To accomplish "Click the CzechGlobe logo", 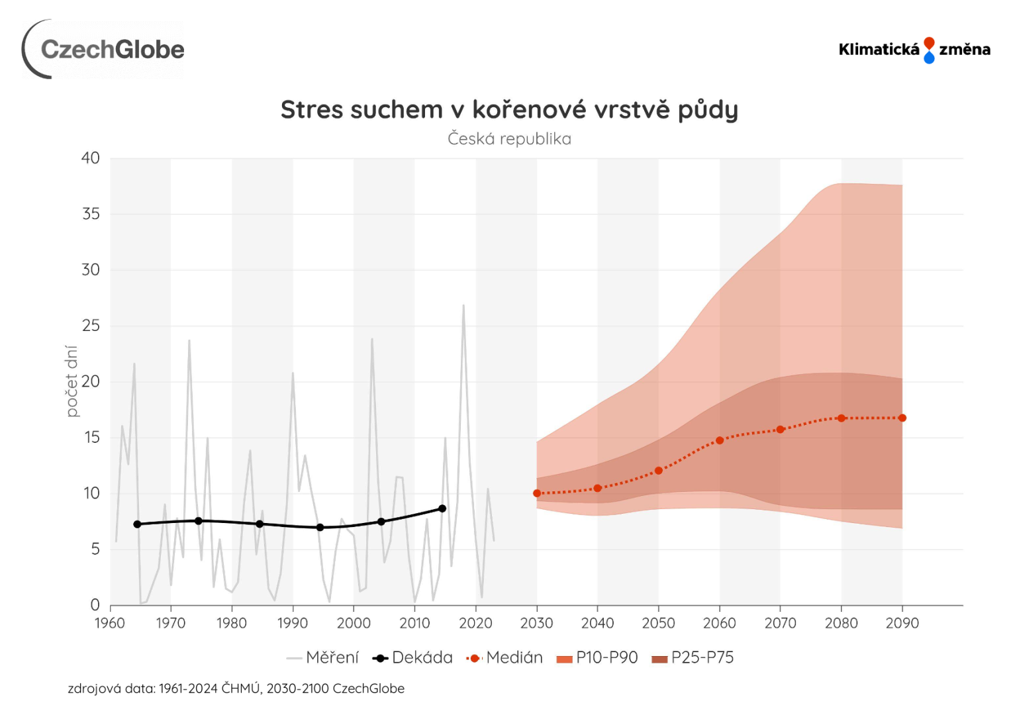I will (104, 50).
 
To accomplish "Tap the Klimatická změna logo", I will (914, 50).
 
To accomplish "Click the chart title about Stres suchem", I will (509, 110).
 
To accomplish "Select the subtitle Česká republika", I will (509, 139).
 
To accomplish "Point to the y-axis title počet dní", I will (72, 381).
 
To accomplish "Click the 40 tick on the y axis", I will (91, 158).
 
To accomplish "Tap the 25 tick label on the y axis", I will (91, 326).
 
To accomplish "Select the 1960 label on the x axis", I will (110, 623).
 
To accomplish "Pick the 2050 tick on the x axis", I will (658, 623).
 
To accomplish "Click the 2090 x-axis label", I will (902, 623).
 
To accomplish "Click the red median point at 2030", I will (537, 493).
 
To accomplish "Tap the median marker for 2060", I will (720, 440).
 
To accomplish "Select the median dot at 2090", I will (902, 418).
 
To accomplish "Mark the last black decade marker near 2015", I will (442, 508).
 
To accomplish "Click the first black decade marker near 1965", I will (137, 524).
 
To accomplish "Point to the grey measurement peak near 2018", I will (463, 306).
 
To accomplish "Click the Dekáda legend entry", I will (413, 657).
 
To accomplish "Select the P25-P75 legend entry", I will (693, 657).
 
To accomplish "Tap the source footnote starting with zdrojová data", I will (236, 689).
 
